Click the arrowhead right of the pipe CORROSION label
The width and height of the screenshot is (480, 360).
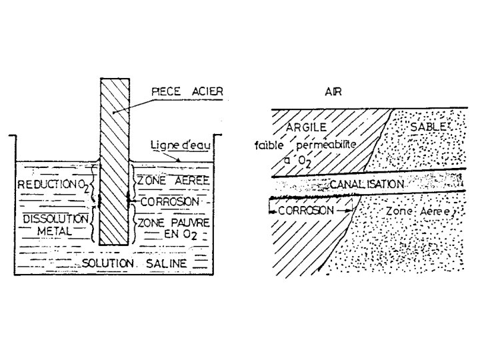347,209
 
